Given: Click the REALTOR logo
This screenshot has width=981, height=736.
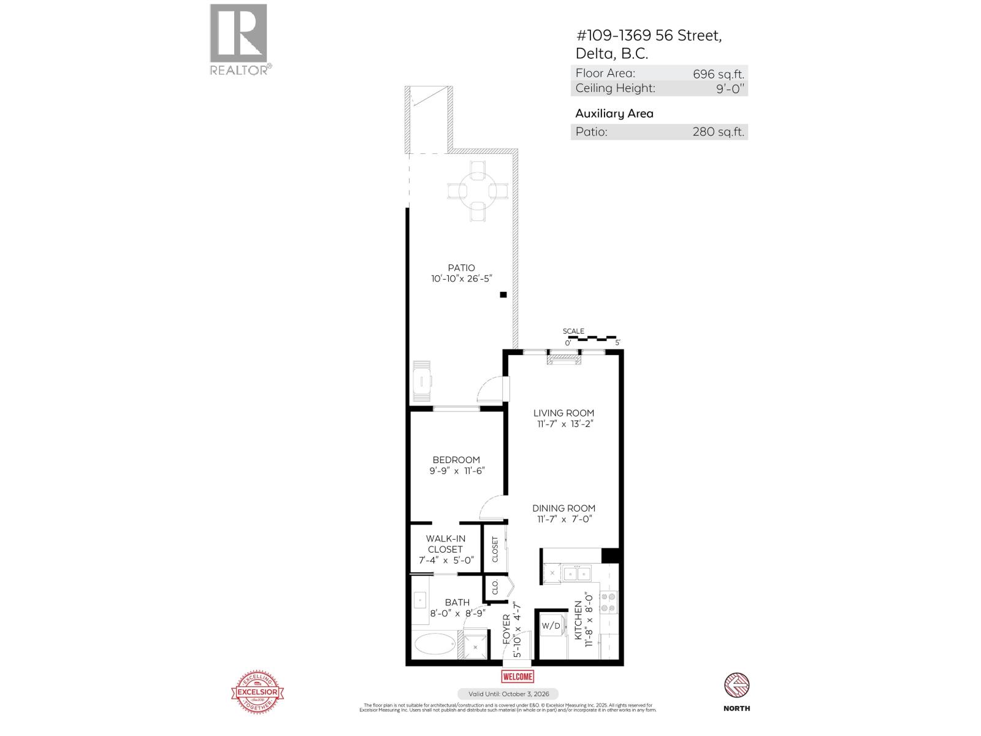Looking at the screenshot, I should click(x=239, y=38).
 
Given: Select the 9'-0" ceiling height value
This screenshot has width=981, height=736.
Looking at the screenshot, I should click(x=730, y=88).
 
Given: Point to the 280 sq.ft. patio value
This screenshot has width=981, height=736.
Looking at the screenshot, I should click(x=719, y=132).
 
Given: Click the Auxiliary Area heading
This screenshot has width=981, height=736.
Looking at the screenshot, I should click(x=614, y=113).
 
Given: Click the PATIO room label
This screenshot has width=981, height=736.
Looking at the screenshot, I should click(x=461, y=267).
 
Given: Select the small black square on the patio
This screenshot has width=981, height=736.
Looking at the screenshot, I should click(x=503, y=295).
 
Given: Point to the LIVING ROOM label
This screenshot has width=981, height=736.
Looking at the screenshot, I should click(x=563, y=413).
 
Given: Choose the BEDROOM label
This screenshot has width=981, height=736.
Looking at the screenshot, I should click(x=456, y=459).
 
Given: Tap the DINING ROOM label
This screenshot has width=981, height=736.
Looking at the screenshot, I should click(x=563, y=508).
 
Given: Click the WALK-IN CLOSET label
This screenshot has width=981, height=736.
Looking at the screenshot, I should click(x=446, y=544).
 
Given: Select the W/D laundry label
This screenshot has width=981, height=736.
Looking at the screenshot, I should click(x=551, y=626).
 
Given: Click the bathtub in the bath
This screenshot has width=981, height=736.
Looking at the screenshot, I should click(x=435, y=645).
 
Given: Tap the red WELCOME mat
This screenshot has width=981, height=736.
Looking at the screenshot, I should click(x=517, y=677).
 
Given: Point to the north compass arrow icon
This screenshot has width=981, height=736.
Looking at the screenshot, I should click(x=736, y=685).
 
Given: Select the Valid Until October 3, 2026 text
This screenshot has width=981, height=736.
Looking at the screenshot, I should click(x=508, y=694).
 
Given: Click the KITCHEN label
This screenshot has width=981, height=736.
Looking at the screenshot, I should click(x=578, y=619).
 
